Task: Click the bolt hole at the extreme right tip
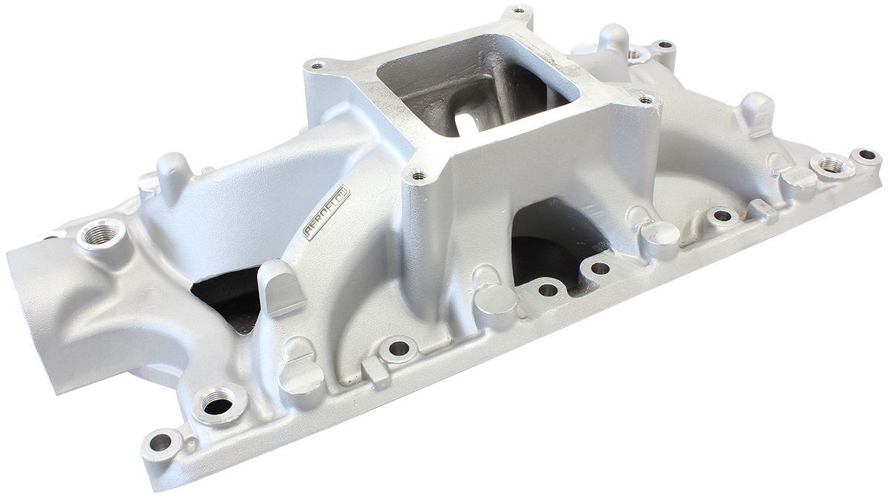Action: [864, 155]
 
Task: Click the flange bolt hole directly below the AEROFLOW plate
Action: [400, 346]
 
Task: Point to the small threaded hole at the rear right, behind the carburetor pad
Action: [637, 53]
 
